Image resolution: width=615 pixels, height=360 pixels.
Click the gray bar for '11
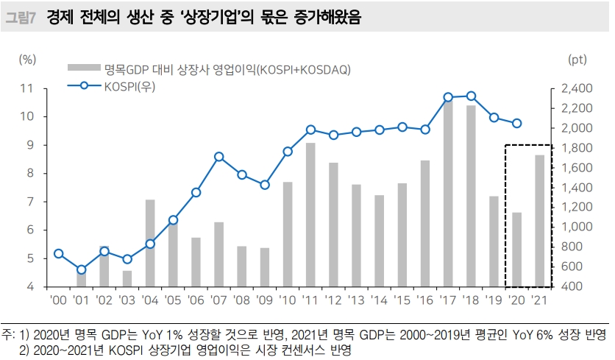310,214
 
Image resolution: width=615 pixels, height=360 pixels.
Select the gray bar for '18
471,196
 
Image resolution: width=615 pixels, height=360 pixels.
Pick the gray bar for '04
150,243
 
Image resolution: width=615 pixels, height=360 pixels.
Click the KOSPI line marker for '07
218,157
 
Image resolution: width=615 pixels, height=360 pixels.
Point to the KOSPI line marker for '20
516,124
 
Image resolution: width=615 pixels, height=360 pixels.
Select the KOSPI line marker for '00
59,254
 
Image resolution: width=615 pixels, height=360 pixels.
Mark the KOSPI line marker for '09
265,185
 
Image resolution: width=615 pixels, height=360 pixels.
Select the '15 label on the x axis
402,300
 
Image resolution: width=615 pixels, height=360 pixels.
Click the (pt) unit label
577,57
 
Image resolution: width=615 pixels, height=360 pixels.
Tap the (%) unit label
28,57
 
